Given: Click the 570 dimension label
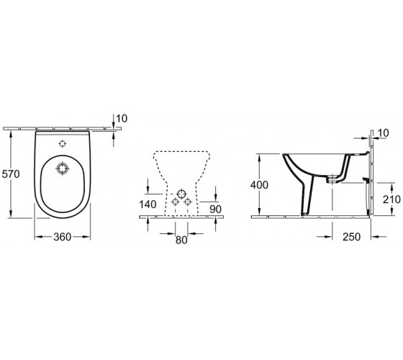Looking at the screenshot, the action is pos(11,174).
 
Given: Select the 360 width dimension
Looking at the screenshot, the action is pos(62,237).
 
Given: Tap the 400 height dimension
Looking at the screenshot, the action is pos(259,185).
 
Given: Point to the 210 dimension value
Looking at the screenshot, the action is pos(391,199).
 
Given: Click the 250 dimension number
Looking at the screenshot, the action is pos(352,237).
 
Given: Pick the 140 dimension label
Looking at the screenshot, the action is pos(148,204).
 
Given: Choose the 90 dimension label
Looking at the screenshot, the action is pos(215,210).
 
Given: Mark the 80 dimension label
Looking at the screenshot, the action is pos(181,240).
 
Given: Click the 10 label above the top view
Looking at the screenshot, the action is pos(122,119).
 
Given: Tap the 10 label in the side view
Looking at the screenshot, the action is pos(384,133).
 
